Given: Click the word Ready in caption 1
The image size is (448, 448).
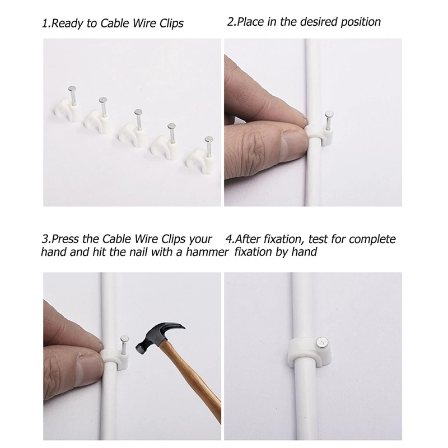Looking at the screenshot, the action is click(66, 24).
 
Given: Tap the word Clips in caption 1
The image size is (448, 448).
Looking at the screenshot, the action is click(171, 24).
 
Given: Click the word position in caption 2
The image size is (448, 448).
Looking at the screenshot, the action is click(361, 22).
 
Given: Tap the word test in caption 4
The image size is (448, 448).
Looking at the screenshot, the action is click(318, 239).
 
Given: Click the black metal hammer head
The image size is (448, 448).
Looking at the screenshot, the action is click(158, 337).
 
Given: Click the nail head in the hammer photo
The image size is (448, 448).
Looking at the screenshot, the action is click(124, 339).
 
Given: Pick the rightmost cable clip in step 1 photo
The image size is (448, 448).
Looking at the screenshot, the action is click(200, 155).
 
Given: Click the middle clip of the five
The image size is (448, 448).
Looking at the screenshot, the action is click(132, 128).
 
